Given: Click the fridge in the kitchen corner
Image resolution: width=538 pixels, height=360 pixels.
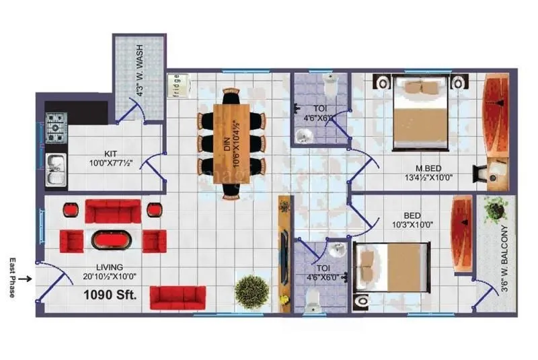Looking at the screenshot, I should click(178, 86).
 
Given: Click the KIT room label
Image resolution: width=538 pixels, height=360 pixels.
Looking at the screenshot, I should click(111, 152).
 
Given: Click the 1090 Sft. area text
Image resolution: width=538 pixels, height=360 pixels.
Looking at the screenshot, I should click(110, 295).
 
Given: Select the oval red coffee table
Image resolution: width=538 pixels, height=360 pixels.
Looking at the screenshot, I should click(113, 240).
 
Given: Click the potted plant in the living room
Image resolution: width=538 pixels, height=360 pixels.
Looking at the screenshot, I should click(247, 289).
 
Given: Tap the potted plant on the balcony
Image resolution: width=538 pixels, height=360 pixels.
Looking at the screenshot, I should click(496, 211).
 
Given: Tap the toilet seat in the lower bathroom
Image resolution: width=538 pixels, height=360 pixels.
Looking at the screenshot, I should click(313, 306).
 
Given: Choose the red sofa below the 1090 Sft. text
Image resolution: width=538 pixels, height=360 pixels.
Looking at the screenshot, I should click(178, 297).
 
